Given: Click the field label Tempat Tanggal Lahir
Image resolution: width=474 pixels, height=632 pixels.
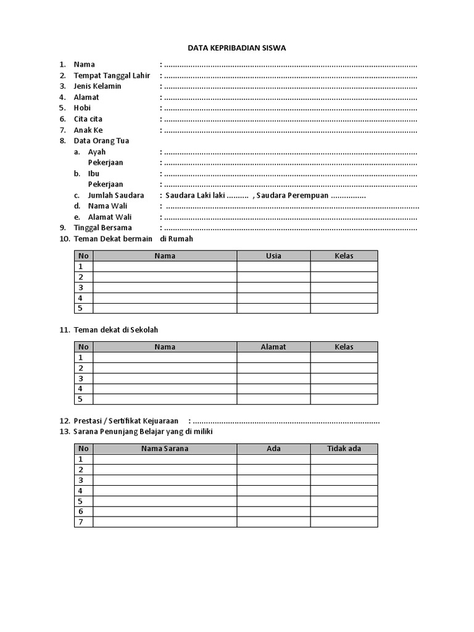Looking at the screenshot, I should point(112,75).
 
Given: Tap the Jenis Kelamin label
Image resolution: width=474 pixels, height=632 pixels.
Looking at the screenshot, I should point(98,86).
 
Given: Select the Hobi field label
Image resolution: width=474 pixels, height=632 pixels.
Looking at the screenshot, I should point(82,107).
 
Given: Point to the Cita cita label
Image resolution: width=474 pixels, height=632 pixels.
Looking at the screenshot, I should point(88,118).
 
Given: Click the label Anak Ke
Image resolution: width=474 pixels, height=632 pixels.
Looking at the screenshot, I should point(88,130).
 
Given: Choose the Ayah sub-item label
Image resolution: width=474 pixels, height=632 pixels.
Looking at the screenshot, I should point(97,152).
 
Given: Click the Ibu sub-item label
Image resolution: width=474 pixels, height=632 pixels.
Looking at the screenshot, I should point(94,173).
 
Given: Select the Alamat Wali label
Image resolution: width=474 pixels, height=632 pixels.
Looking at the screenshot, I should point(110,217).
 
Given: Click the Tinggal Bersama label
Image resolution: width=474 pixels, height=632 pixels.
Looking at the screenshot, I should point(102,228).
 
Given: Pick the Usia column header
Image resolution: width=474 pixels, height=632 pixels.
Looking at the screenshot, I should point(273,256).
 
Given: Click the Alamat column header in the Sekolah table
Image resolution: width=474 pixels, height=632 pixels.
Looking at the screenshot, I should point(273,347).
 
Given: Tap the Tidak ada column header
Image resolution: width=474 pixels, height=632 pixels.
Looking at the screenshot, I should point(344,449).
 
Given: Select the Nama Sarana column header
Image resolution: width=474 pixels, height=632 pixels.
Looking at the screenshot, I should point(165,449).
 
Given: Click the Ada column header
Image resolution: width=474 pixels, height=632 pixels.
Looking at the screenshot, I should point(273,449).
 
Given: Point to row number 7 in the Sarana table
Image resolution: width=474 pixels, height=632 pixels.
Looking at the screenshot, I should point(80,522).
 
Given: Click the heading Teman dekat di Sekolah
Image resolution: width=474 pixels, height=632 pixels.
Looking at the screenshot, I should point(120,330).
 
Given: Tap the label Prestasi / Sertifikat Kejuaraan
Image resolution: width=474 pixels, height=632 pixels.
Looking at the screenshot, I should point(126,421).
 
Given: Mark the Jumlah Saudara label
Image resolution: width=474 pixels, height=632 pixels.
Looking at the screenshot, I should point(116,195).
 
